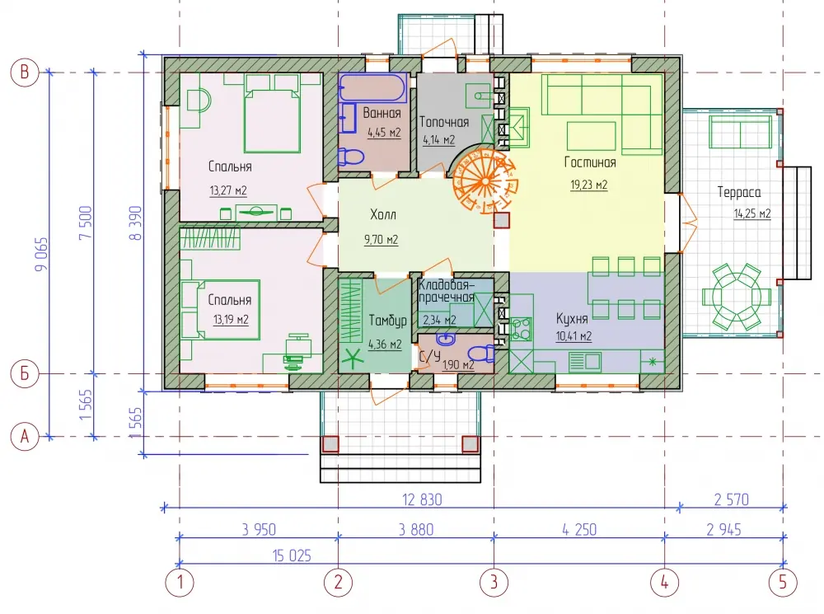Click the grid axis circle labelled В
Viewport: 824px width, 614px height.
tap(25, 72)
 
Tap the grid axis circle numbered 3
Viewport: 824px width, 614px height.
tap(494, 583)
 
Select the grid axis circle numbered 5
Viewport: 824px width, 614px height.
tap(783, 583)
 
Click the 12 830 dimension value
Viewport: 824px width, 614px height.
tap(422, 499)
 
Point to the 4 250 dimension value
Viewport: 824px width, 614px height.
tap(579, 529)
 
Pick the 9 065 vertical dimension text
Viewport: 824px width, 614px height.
tap(41, 255)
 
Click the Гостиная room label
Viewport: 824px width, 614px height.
tap(590, 162)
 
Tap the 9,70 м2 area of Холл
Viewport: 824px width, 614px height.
tap(381, 240)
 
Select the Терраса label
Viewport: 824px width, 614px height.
tap(739, 192)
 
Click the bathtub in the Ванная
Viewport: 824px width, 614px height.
tap(372, 87)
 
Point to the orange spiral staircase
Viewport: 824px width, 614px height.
tap(485, 180)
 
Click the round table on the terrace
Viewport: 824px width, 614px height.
tap(736, 297)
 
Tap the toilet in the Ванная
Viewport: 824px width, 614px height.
tap(351, 157)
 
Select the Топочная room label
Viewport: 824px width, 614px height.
tap(444, 122)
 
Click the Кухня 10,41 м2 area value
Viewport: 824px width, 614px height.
tap(574, 336)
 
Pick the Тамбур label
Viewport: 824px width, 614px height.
tap(387, 321)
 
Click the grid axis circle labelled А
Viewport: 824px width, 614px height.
tap(25, 436)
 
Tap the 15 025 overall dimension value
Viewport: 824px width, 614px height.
tap(292, 555)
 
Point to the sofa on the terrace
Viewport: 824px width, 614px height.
tap(741, 131)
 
